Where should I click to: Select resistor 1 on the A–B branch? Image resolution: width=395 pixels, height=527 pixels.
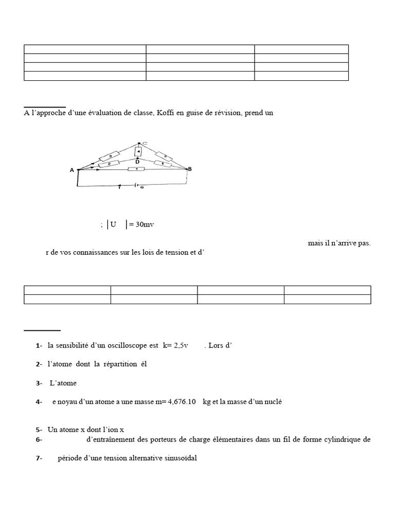[x=137, y=169]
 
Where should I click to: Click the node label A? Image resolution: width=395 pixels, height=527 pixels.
[x=72, y=170]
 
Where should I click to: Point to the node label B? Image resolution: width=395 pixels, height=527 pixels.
[x=190, y=169]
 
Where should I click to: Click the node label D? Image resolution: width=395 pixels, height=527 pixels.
[x=138, y=162]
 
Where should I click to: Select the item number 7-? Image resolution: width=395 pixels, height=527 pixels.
[x=39, y=459]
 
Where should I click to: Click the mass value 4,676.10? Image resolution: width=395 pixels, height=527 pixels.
[x=177, y=402]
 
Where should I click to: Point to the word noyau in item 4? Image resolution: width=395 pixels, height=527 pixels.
[x=67, y=402]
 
